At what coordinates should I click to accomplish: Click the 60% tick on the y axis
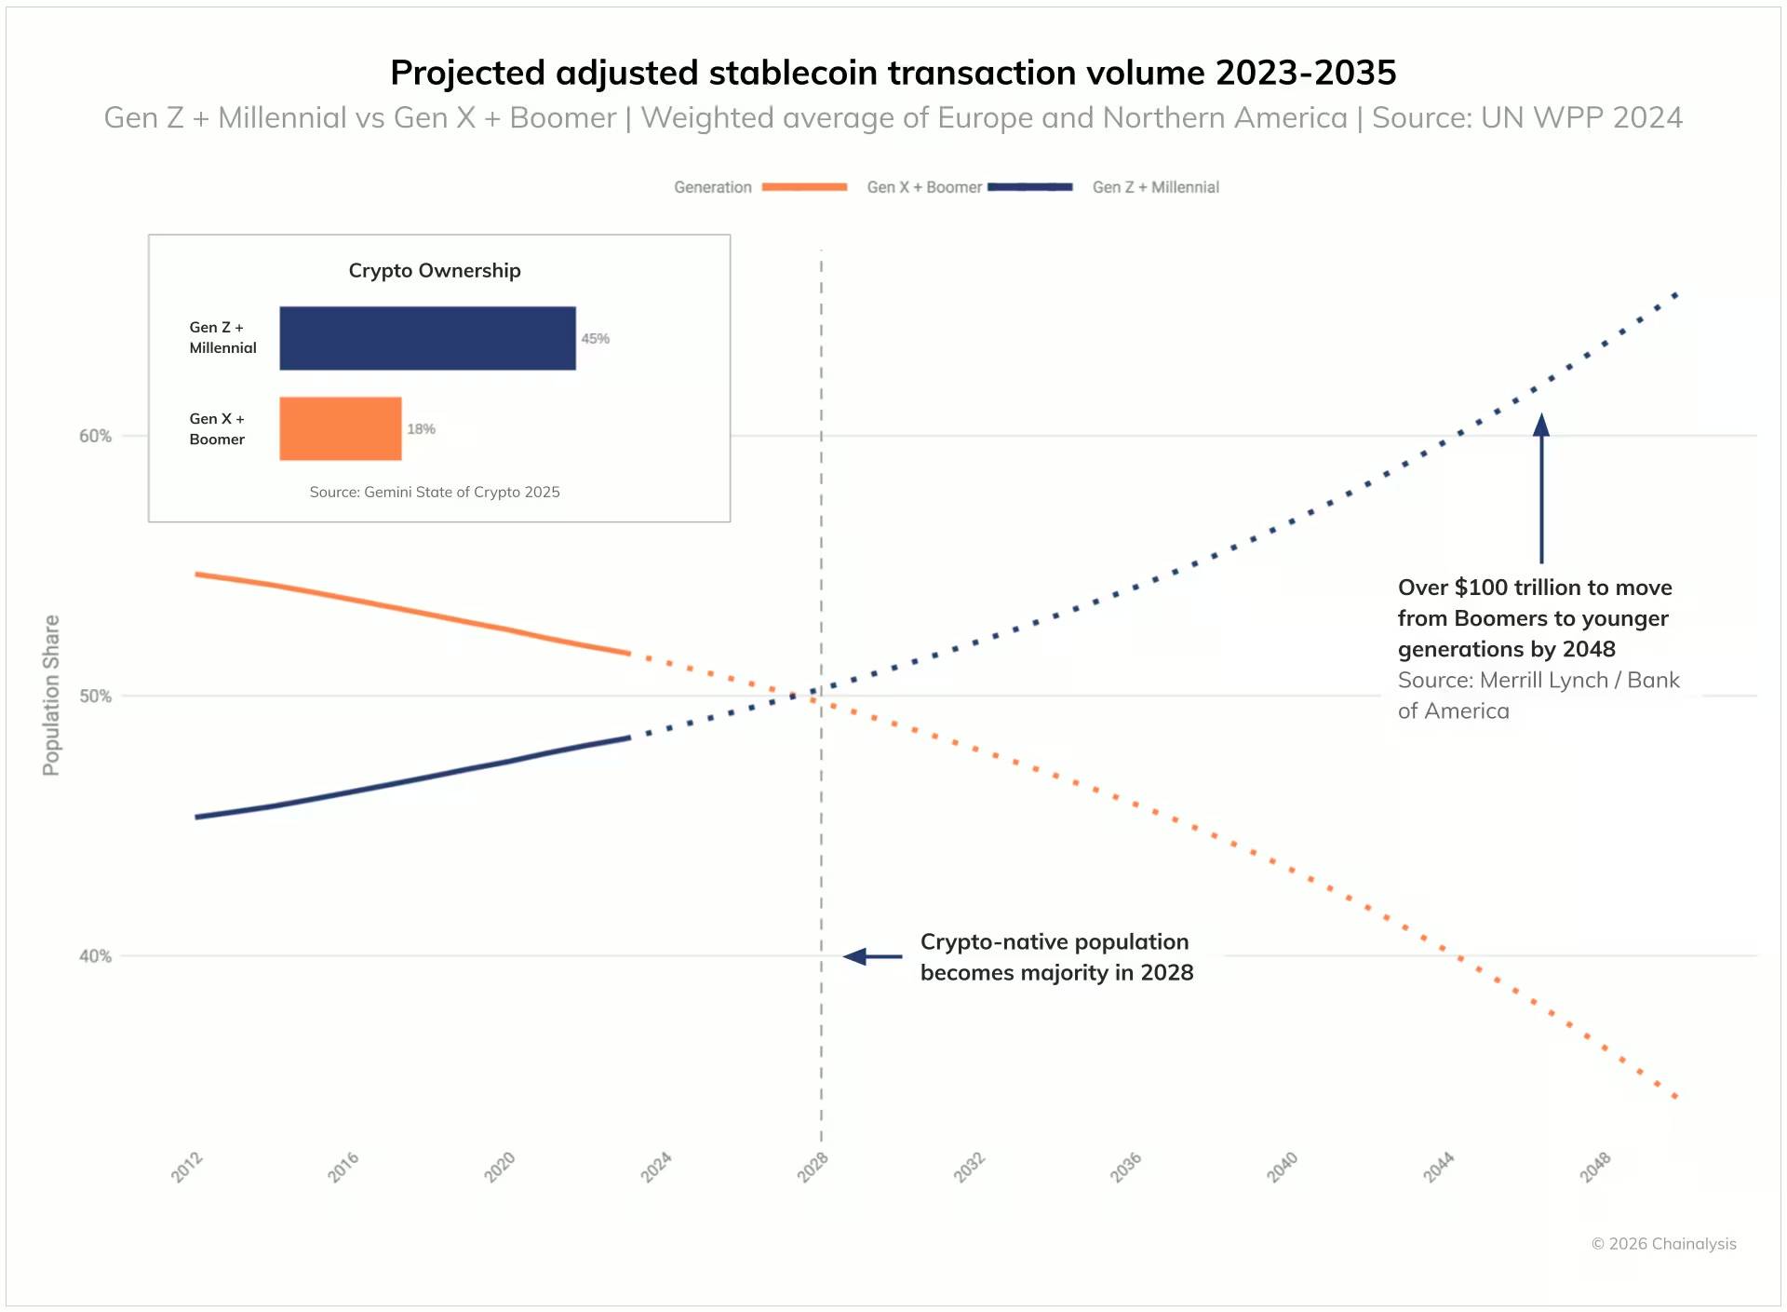point(95,436)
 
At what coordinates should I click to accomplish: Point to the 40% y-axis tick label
point(95,956)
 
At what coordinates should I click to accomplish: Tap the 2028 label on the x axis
point(813,1167)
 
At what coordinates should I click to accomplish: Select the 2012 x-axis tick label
point(187,1167)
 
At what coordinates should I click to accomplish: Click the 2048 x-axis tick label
point(1595,1167)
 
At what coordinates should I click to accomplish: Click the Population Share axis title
point(51,695)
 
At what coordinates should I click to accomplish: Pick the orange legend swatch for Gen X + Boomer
point(804,187)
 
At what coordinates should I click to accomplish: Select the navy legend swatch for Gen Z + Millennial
point(1029,187)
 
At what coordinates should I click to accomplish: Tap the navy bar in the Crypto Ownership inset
point(427,338)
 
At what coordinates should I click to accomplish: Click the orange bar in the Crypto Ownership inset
point(341,428)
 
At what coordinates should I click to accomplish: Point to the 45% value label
point(596,339)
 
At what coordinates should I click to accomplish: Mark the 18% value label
point(421,429)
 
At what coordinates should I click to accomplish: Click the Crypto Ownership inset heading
point(435,271)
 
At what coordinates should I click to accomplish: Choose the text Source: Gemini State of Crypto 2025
point(435,492)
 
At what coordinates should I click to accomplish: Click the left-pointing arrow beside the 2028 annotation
point(871,956)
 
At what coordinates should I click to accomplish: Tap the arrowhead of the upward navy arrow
point(1541,425)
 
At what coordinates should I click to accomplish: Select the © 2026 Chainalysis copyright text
point(1663,1244)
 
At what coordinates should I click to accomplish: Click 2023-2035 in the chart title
point(1305,73)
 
